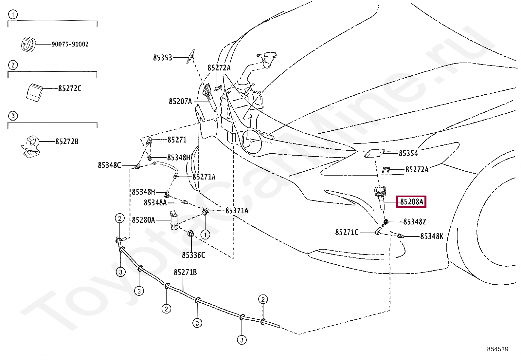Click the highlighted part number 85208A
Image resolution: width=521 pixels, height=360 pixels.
411,202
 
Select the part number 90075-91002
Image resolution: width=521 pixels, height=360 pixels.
70,44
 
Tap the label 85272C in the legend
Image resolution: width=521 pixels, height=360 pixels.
70,88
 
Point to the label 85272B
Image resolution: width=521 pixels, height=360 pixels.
67,142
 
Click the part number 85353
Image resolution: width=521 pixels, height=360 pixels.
162,58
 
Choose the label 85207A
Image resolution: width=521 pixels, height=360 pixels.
180,102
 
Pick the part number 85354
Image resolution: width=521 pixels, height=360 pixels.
408,153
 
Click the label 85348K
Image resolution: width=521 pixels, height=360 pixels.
432,236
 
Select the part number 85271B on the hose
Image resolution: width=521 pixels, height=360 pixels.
185,272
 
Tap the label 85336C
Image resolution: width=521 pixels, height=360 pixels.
193,255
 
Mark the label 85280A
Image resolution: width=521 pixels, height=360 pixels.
143,220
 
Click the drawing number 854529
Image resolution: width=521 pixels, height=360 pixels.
497,349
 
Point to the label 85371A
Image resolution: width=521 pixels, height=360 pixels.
236,211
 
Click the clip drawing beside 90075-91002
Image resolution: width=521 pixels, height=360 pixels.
28,44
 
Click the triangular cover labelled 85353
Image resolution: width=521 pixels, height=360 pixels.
190,56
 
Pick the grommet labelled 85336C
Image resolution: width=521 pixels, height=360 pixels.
190,234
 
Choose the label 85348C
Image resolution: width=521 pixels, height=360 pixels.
109,165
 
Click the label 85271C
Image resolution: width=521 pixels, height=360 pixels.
347,232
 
